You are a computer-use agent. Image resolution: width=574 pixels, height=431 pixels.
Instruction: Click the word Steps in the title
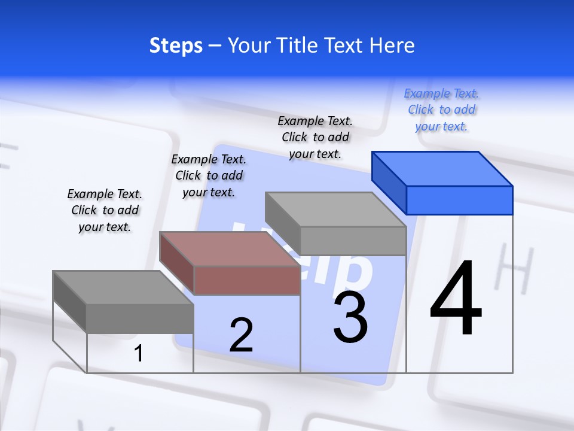pyautogui.click(x=176, y=45)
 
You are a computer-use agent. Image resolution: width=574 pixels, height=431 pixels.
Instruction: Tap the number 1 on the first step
pyautogui.click(x=139, y=354)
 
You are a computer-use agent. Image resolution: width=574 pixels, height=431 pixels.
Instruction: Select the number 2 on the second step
pyautogui.click(x=241, y=335)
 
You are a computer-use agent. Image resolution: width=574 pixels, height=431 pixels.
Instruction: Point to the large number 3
pyautogui.click(x=350, y=317)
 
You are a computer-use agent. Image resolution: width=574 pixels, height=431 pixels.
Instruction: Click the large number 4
pyautogui.click(x=456, y=299)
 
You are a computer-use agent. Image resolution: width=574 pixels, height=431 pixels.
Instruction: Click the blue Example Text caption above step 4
pyautogui.click(x=441, y=110)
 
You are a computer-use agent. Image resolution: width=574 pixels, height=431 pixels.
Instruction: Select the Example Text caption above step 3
pyautogui.click(x=315, y=137)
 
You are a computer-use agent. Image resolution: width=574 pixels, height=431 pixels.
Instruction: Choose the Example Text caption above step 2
pyautogui.click(x=209, y=175)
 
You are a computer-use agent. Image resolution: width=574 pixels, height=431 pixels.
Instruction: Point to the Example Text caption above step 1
pyautogui.click(x=105, y=210)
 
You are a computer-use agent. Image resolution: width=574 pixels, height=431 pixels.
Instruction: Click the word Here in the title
pyautogui.click(x=392, y=45)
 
